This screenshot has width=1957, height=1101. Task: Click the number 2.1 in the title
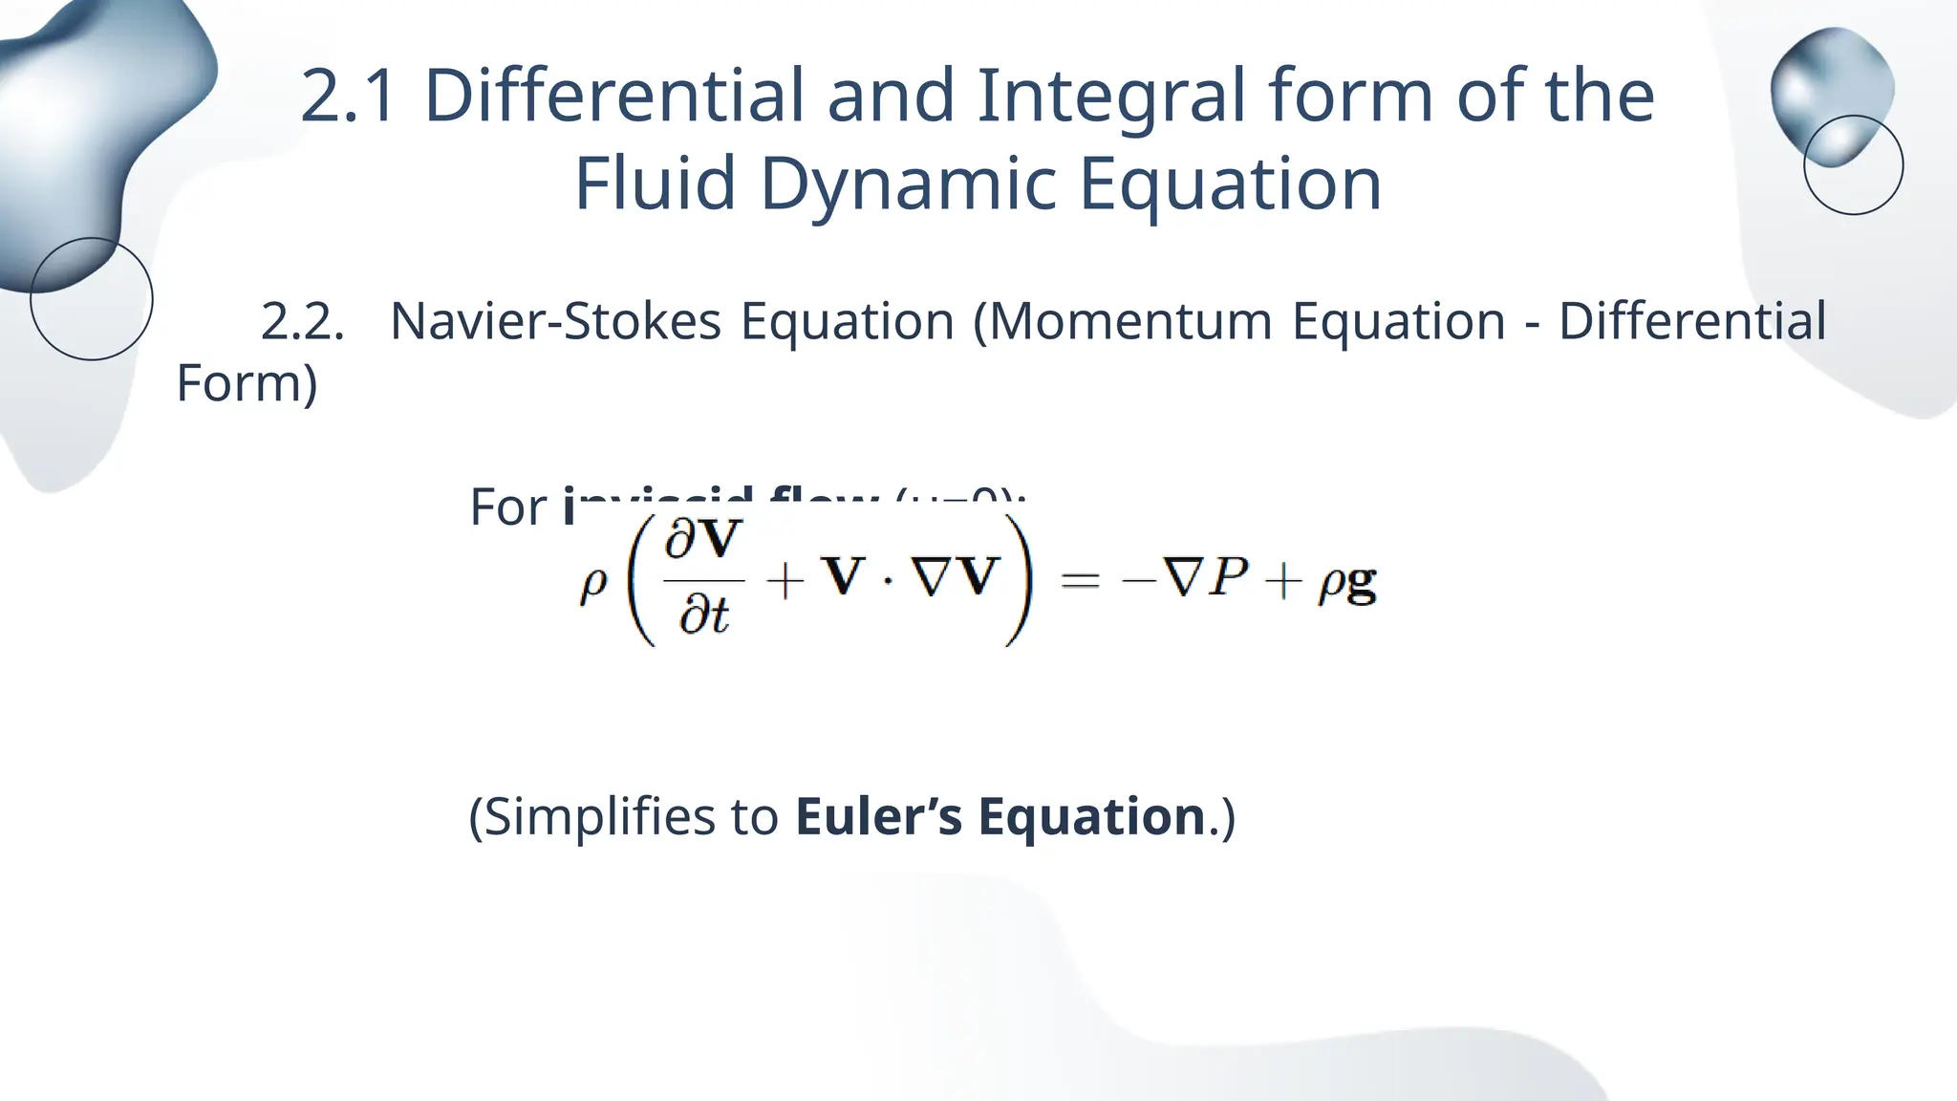coord(348,97)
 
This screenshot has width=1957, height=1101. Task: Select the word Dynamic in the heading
coord(908,183)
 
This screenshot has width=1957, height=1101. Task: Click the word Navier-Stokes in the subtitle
coord(555,321)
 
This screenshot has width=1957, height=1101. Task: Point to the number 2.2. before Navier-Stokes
coord(302,321)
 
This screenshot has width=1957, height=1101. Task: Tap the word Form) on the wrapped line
coord(247,383)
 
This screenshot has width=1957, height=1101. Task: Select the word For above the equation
coord(507,507)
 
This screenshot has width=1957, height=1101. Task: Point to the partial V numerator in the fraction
coord(704,540)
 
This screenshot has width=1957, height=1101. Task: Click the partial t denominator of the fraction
coord(704,615)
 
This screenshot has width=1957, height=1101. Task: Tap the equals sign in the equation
coord(1081,580)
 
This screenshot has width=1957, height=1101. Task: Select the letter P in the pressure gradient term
coord(1227,577)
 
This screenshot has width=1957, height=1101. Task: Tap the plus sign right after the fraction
coord(785,580)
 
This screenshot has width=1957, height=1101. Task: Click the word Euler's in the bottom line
coord(877,817)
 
